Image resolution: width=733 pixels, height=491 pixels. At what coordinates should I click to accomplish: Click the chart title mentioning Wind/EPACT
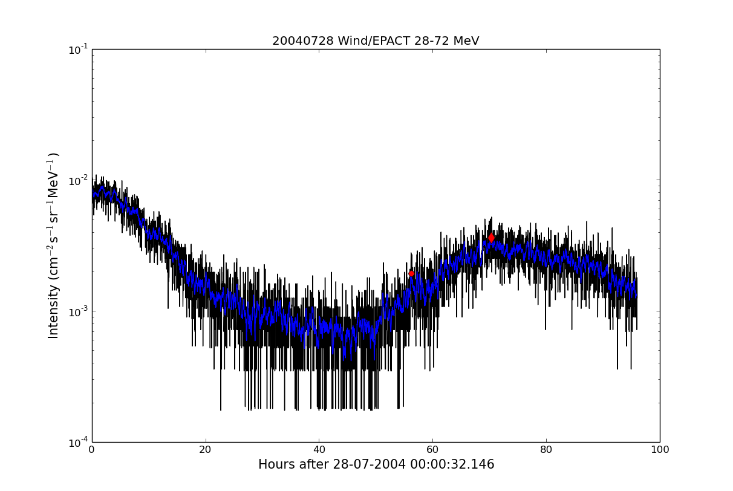coord(376,41)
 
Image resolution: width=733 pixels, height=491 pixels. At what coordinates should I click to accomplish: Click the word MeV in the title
coord(466,41)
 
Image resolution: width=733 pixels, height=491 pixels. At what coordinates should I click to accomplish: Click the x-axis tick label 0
coord(92,450)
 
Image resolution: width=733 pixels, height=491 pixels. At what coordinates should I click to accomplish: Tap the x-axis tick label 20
coord(206,450)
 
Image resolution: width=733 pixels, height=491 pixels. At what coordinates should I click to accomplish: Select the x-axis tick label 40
coord(319,450)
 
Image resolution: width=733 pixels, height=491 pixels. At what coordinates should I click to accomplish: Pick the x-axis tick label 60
coord(432,450)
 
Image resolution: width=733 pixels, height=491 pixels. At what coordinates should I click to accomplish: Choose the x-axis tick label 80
coord(546,450)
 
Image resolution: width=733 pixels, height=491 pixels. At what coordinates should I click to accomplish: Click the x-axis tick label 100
coord(660,450)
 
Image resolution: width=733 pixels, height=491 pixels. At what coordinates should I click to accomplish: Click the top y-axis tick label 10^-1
coord(79,50)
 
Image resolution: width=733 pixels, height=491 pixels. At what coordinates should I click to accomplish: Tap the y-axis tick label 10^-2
coord(79,180)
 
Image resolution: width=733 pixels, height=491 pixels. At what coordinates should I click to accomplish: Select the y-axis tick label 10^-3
coord(79,311)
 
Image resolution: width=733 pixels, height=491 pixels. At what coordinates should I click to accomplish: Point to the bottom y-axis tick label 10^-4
coord(79,442)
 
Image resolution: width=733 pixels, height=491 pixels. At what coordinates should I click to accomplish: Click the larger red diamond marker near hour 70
coord(491,238)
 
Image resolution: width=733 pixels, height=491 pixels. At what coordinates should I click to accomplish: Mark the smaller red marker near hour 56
coord(411,274)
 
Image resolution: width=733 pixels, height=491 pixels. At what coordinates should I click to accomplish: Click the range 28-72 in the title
coord(431,41)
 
